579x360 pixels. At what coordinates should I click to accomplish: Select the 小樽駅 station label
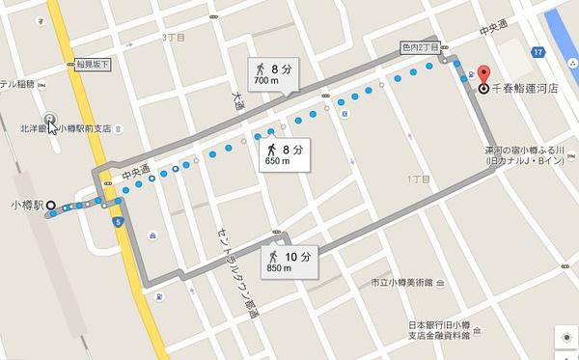pos(26,205)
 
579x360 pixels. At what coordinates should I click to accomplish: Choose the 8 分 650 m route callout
pos(285,153)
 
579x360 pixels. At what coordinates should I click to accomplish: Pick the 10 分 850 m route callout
pos(289,261)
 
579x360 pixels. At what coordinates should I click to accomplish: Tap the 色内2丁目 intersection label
pos(419,46)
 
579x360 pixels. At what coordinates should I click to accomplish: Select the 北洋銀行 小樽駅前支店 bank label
pos(65,127)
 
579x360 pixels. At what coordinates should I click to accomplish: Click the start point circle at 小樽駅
pos(50,205)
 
